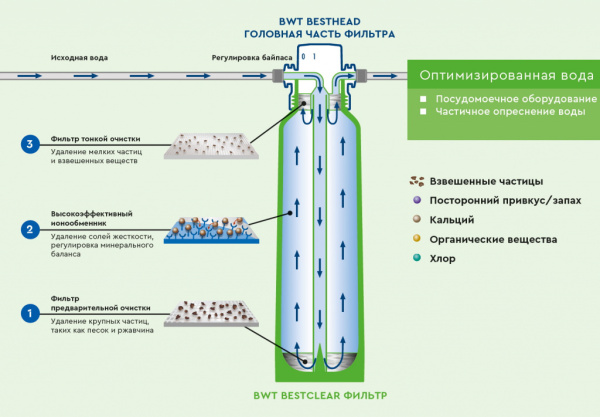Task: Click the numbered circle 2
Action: coord(30,229)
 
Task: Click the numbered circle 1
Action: coord(30,313)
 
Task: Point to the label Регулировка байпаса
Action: coord(252,58)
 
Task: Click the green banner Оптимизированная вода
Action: coord(502,74)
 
